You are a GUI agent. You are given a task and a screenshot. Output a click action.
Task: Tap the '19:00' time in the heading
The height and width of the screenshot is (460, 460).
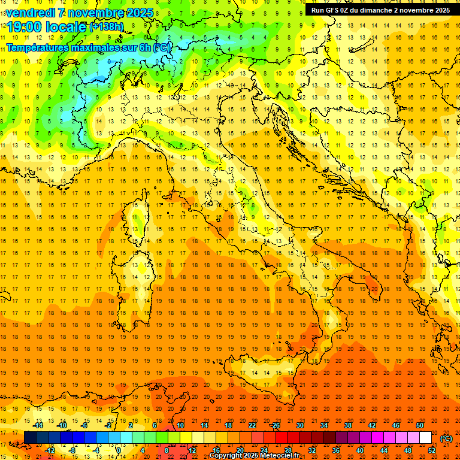(x=23, y=27)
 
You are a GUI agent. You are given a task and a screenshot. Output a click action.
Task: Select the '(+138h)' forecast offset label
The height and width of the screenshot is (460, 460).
(x=106, y=27)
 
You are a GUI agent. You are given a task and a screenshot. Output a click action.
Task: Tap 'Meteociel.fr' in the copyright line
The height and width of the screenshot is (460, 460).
(x=280, y=456)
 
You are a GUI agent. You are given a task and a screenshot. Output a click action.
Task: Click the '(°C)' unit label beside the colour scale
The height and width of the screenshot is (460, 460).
(x=446, y=438)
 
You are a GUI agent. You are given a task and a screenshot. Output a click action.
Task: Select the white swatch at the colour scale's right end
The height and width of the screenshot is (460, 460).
(x=425, y=438)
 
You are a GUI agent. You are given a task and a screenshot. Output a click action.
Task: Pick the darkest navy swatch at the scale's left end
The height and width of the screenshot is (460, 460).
(x=30, y=438)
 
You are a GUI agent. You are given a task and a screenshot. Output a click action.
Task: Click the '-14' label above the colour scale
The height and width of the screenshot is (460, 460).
(x=38, y=425)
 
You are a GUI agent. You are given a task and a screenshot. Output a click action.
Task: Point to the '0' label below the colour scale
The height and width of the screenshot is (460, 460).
(x=119, y=450)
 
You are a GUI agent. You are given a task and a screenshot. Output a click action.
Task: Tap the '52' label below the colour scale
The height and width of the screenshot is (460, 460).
(x=432, y=450)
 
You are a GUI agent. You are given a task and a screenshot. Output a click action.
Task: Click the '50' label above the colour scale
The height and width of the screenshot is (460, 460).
(x=420, y=425)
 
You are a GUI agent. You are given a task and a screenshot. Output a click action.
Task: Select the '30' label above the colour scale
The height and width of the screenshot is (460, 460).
(x=299, y=425)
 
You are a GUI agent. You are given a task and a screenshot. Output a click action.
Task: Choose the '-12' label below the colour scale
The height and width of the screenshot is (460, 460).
(x=50, y=450)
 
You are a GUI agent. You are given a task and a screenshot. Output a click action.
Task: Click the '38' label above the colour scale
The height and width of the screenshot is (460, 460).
(x=347, y=425)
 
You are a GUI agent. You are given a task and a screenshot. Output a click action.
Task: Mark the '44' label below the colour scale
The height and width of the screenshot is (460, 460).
(x=384, y=450)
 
